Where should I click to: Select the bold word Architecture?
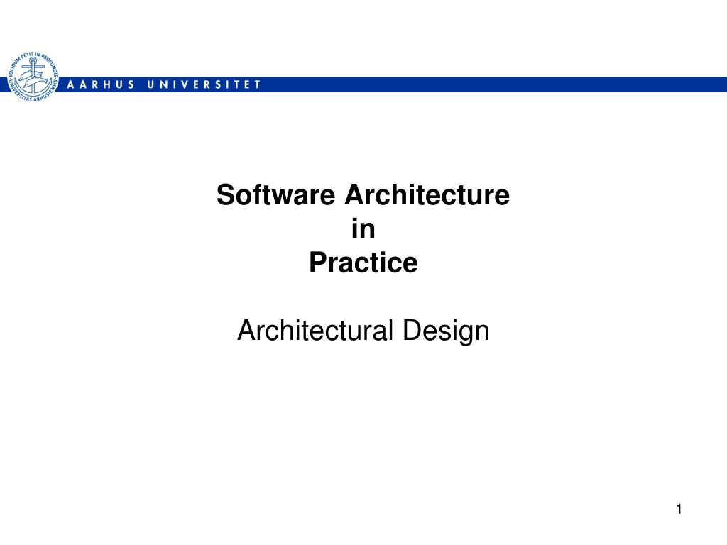[427, 195]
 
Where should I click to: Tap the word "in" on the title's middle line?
[363, 229]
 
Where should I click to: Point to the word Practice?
[363, 263]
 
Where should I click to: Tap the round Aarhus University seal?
[32, 77]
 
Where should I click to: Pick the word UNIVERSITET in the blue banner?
[204, 84]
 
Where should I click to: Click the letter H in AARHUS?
[104, 84]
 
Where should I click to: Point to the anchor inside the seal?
[31, 76]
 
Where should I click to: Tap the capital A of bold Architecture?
[353, 195]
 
